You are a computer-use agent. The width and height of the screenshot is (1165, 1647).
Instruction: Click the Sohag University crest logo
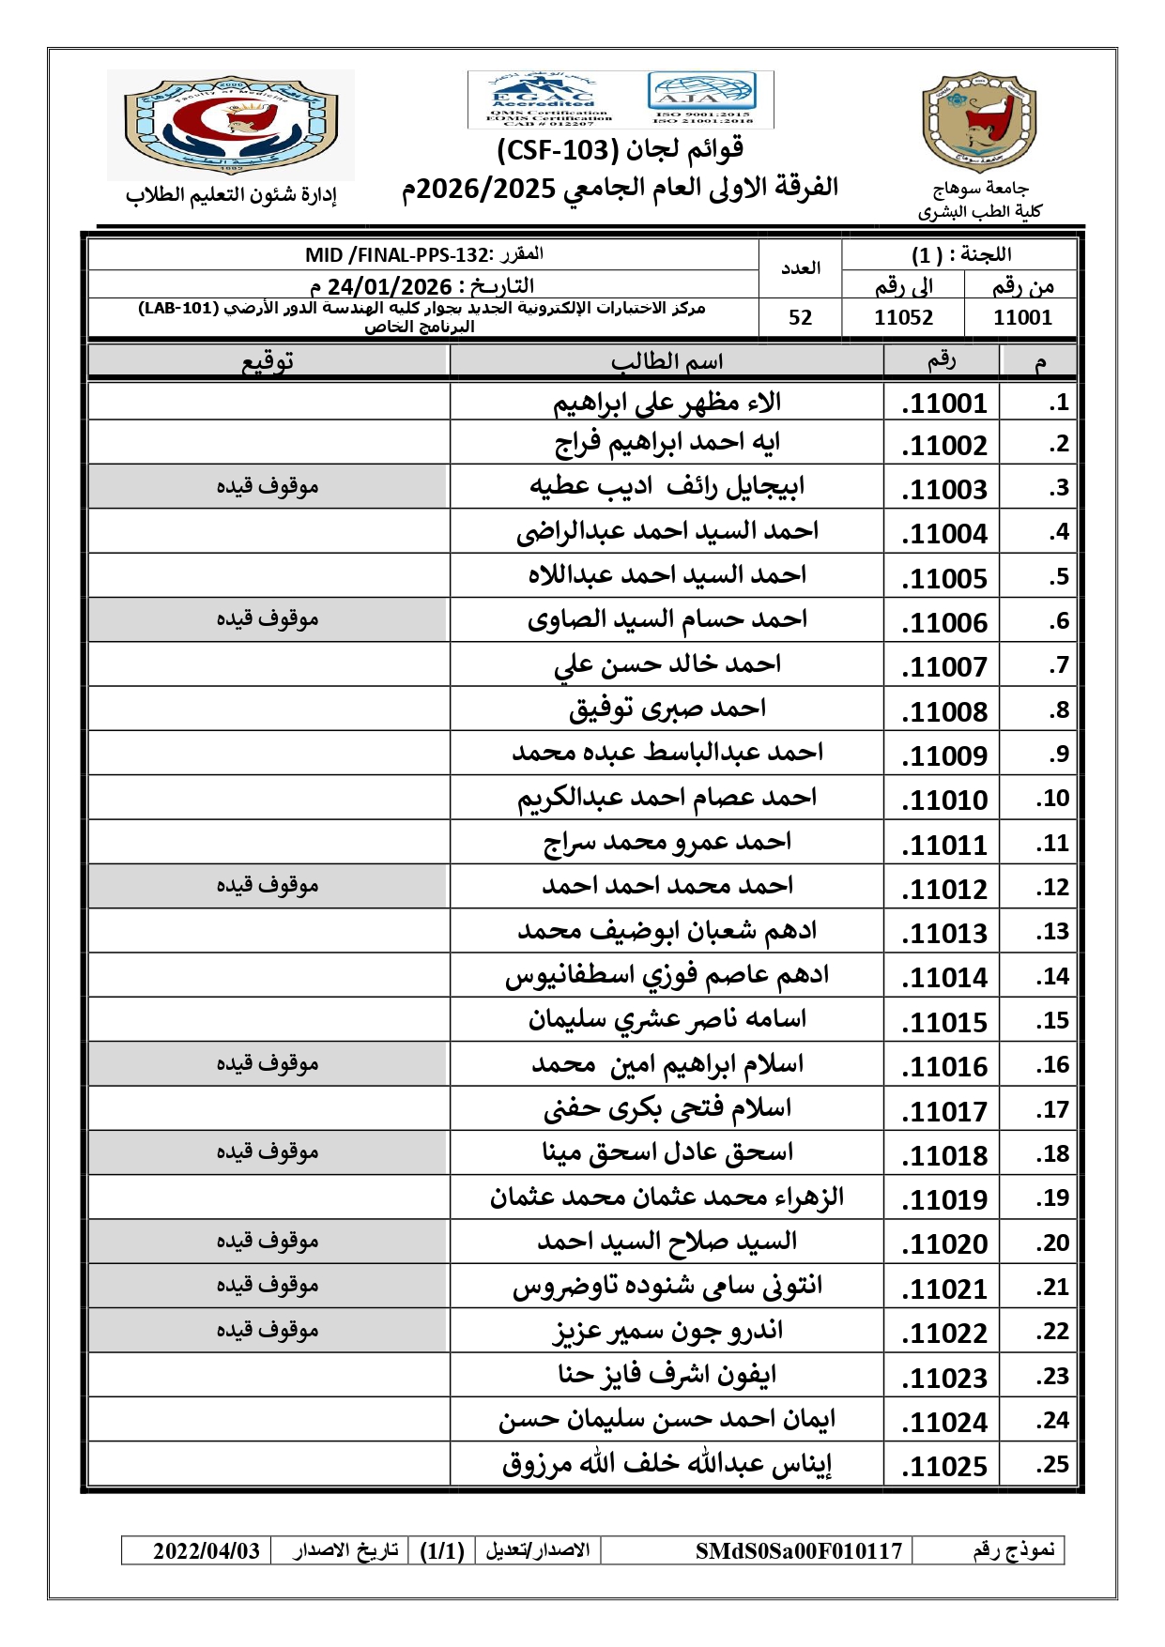point(978,123)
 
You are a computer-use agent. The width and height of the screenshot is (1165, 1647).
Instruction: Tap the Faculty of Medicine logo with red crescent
point(231,124)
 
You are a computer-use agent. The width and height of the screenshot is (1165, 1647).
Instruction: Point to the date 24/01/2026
point(390,286)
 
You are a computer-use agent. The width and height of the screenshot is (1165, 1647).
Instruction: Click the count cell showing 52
point(800,318)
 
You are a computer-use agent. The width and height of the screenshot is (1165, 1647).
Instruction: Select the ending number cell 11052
point(903,318)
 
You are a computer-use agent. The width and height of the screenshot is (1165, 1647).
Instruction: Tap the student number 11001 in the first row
point(944,404)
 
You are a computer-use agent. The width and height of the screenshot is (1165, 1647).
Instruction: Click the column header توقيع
point(268,361)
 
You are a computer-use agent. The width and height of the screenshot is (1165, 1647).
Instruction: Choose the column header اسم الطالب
point(667,361)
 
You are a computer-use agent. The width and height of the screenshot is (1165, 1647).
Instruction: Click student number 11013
point(944,934)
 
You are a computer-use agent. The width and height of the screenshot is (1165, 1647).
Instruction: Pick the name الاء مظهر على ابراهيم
point(667,403)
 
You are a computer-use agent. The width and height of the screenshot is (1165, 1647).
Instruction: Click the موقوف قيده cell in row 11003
point(268,486)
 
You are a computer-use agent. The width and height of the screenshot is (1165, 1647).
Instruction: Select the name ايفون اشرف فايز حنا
point(667,1375)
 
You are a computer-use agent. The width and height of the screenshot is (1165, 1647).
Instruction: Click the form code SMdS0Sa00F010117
point(798,1551)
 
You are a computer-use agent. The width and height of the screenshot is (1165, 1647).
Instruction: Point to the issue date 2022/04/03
point(207,1551)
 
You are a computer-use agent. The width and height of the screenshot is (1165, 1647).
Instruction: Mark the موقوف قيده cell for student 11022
point(268,1330)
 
